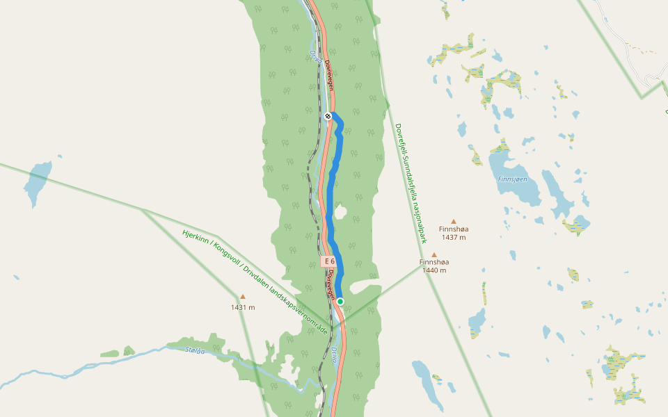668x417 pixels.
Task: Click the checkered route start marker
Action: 328,115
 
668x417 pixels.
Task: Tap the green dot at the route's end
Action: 340,301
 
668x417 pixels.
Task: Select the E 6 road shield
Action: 328,261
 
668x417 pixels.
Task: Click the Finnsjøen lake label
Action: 513,179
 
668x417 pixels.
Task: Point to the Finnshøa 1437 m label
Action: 454,233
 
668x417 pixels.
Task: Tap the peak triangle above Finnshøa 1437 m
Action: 454,221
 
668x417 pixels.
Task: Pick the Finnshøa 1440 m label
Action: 434,266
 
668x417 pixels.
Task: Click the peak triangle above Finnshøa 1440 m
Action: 434,255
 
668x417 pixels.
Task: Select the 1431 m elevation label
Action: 243,307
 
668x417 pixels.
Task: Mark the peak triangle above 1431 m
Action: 243,297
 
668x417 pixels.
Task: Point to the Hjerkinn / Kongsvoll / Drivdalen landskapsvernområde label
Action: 255,281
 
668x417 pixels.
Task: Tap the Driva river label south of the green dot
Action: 335,357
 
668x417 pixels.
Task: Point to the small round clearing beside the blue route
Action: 340,211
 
